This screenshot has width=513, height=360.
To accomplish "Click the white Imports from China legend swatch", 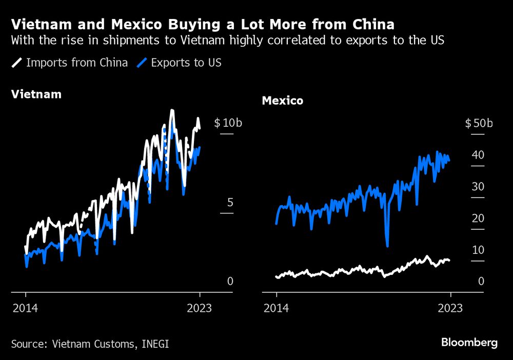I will coord(17,63).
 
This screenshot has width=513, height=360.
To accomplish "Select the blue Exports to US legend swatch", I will coord(142,63).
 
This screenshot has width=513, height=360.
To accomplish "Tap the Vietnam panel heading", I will coord(36,94).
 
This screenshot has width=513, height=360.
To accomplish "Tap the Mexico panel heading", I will coord(283,101).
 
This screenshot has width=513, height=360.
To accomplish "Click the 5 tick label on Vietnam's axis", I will coord(230,203).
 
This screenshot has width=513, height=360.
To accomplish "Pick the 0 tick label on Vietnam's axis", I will coord(230,282).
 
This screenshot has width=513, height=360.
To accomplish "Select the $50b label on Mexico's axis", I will coord(478,124).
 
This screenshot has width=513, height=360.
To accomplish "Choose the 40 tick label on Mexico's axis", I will coord(478,155).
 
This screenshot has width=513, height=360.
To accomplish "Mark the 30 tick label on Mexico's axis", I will coord(478,187).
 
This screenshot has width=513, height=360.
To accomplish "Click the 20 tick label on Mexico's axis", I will coord(478,218).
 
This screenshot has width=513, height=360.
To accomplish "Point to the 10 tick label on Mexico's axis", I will coord(478,250).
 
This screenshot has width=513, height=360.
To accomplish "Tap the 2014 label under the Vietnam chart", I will coord(26,309).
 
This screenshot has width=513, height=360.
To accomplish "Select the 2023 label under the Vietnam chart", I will coord(200,309).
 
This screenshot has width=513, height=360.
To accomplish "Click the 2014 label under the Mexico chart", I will coord(277,309).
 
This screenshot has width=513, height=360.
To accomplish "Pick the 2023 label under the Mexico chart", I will coord(450,309).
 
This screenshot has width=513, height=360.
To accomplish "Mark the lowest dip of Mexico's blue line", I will coord(387,246).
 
